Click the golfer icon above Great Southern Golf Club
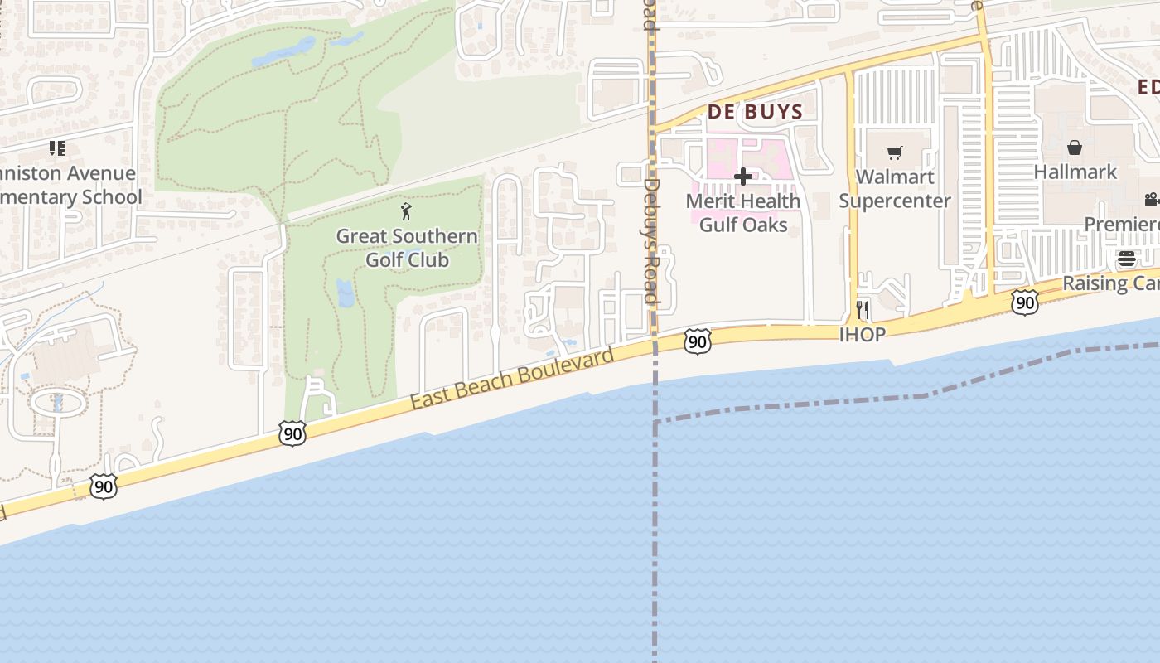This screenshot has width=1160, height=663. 406,211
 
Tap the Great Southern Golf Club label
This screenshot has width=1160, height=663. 407,248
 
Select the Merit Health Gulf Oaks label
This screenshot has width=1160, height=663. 743,212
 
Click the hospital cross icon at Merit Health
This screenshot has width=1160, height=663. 743,177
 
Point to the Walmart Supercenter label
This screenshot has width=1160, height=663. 895,188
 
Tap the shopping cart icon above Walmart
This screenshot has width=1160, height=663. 895,153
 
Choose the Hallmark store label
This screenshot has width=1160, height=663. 1075,172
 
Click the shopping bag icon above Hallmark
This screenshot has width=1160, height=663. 1075,148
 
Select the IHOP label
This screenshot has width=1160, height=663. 863,334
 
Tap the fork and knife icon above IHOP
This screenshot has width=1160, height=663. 863,310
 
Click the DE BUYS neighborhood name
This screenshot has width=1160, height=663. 755,112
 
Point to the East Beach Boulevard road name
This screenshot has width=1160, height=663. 512,378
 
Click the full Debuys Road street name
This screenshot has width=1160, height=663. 651,241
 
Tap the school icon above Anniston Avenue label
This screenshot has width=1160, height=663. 56,149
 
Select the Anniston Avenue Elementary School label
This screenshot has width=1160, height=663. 70,185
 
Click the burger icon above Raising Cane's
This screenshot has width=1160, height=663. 1126,259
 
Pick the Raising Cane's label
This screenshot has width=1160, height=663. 1110,283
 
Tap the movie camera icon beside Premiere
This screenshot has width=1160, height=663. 1151,199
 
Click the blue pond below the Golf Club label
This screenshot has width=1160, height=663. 346,293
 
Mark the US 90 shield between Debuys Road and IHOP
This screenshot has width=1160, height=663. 698,341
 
